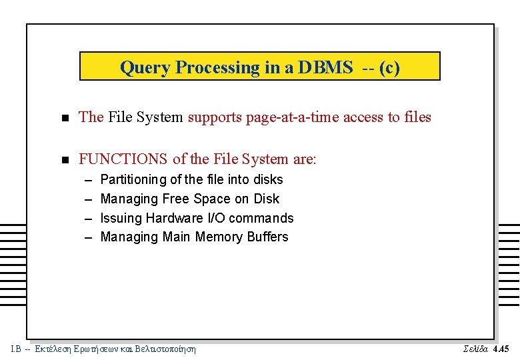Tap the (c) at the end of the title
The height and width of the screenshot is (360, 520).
pos(389,67)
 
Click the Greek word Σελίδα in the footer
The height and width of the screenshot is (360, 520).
pos(475,349)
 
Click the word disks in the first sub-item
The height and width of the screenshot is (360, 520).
pos(268,180)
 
